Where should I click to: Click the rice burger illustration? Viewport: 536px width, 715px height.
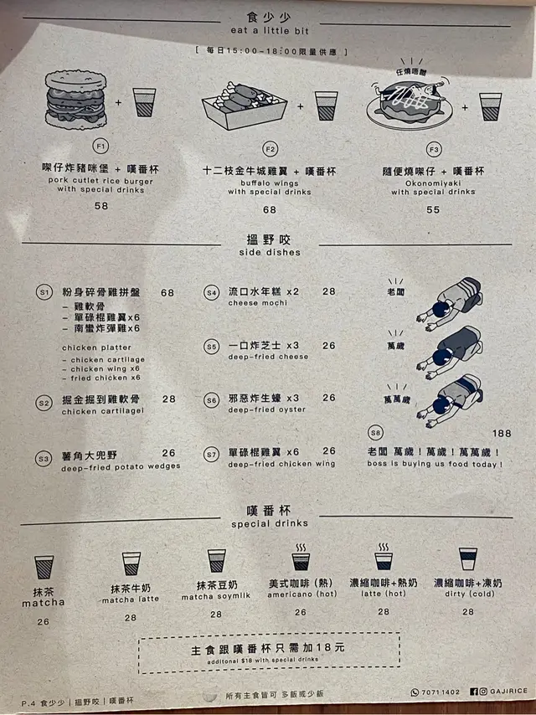[x=75, y=100]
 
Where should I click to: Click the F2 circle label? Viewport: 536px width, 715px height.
[x=270, y=149]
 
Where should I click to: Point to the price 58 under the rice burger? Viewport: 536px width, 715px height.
[x=101, y=206]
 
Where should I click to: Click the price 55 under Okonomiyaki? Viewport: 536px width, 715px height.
[x=433, y=210]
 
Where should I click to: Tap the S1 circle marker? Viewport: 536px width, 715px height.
[x=44, y=292]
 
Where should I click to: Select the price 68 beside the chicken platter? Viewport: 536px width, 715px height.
[x=167, y=293]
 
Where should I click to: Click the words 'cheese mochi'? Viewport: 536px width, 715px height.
[x=258, y=303]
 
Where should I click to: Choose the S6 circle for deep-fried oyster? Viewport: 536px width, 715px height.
[x=211, y=400]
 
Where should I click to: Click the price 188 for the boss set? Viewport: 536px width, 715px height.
[x=502, y=433]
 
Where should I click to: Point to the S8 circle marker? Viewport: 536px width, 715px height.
[x=375, y=433]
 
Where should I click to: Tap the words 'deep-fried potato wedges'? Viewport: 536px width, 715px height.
[x=121, y=467]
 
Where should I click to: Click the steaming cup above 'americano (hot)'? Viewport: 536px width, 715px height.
[x=301, y=557]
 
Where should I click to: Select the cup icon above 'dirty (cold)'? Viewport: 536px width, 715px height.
[x=468, y=558]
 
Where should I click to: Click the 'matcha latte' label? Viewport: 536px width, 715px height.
[x=131, y=599]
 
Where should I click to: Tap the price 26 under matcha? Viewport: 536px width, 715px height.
[x=44, y=621]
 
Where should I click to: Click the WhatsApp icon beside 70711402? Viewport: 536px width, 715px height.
[x=415, y=692]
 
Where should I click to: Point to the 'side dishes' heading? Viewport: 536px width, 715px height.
[x=270, y=252]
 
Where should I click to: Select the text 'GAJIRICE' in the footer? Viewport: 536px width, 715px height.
[x=508, y=692]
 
